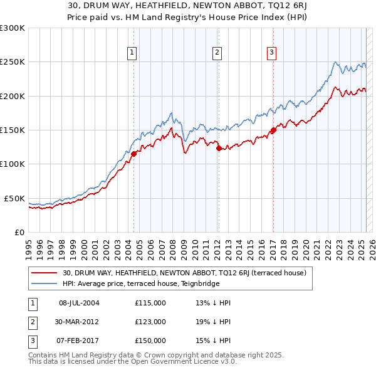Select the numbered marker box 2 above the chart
click(217, 53)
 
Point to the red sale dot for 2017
click(273, 130)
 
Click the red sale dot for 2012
click(219, 149)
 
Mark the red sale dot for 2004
click(133, 154)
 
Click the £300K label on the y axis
click(13, 28)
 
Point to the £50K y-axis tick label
click(15, 198)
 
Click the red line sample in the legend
click(45, 273)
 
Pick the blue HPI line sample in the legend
click(45, 283)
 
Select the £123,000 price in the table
click(150, 322)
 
